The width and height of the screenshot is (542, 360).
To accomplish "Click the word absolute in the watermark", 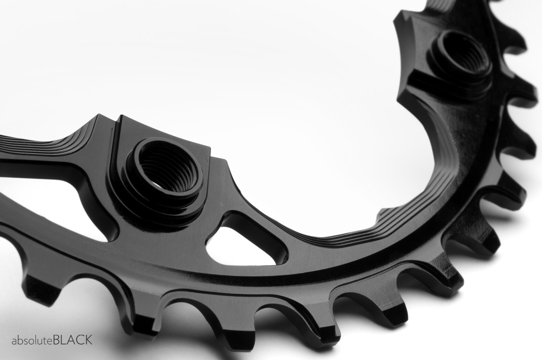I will pyautogui.click(x=32, y=340).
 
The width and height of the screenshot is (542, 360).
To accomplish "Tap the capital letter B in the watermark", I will pyautogui.click(x=57, y=340).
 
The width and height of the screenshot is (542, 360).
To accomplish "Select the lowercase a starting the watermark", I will pyautogui.click(x=15, y=341).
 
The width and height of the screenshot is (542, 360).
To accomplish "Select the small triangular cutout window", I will pyautogui.click(x=241, y=242).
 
